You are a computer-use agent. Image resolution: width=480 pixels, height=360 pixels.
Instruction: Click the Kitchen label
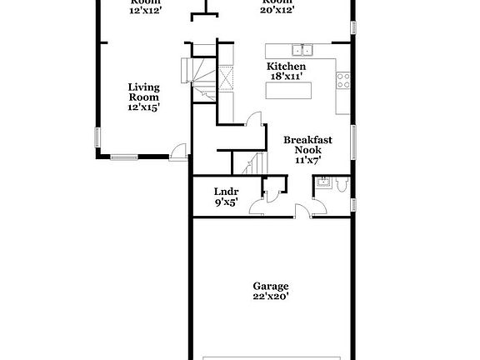pos(286,66)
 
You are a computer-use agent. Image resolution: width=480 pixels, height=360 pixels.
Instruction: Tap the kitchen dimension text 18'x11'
pos(285,76)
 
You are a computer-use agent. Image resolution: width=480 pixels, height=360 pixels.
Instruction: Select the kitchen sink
pos(301,48)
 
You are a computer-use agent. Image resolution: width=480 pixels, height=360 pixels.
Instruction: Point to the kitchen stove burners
pos(342,81)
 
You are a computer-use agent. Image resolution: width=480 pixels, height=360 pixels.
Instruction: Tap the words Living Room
pos(143,91)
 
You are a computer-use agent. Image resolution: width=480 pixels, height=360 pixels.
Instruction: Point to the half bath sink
pos(322,182)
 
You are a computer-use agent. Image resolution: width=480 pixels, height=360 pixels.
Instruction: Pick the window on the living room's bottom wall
pos(125,155)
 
